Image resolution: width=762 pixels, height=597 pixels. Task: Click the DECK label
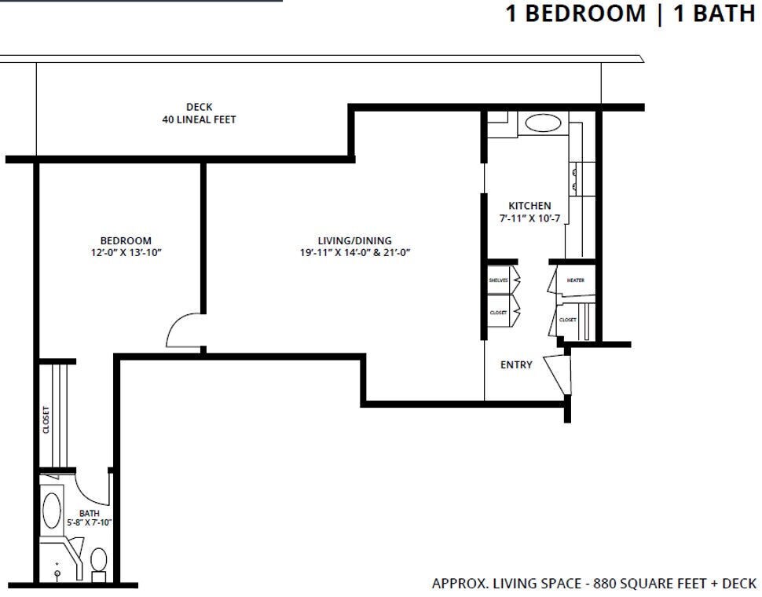pyautogui.click(x=199, y=107)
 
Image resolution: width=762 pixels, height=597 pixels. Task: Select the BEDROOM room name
pyautogui.click(x=126, y=240)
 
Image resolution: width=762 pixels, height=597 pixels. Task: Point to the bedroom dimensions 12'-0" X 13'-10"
pyautogui.click(x=126, y=253)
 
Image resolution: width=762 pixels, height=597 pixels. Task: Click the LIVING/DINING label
pyautogui.click(x=354, y=240)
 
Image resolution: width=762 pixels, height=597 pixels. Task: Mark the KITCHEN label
pyautogui.click(x=529, y=206)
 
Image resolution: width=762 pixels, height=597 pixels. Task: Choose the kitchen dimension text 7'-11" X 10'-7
pyautogui.click(x=529, y=218)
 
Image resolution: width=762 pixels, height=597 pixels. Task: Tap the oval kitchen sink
pyautogui.click(x=542, y=123)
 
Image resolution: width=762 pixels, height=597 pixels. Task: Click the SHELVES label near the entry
pyautogui.click(x=498, y=280)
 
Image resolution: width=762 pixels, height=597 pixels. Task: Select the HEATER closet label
pyautogui.click(x=575, y=280)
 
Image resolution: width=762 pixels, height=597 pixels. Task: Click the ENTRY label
pyautogui.click(x=516, y=364)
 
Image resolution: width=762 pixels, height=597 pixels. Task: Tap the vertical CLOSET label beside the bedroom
pyautogui.click(x=46, y=419)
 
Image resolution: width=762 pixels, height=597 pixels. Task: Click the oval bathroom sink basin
pyautogui.click(x=52, y=509)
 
